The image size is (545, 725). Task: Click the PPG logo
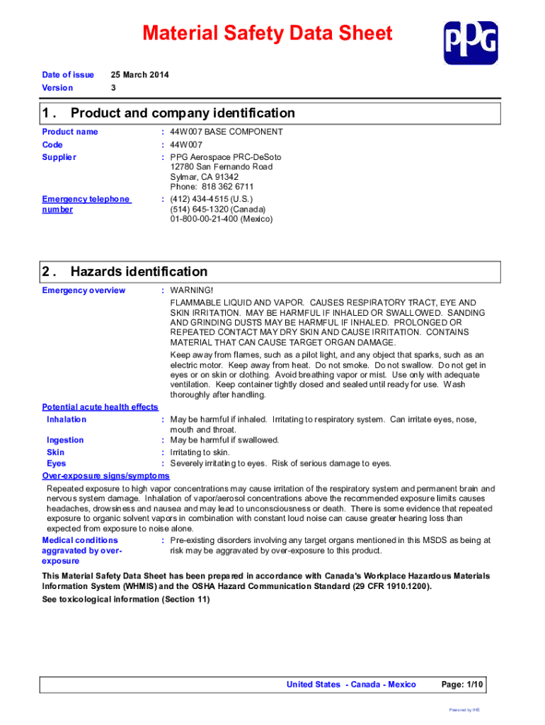470,42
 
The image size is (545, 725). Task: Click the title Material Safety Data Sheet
267,33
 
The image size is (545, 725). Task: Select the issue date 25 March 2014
140,75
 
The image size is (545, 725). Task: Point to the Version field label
57,88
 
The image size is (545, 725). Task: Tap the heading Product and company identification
183,113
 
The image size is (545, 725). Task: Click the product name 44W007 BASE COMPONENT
226,132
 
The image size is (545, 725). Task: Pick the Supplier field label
59,157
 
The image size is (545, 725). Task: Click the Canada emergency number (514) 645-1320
217,210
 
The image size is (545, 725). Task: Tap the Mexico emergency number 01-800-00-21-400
221,219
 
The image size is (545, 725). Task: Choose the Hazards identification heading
139,272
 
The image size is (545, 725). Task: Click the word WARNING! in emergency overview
191,290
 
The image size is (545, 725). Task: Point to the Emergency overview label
84,290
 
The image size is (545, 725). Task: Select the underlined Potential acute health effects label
100,407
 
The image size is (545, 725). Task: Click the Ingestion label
65,440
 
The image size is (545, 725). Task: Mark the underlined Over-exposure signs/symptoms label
105,476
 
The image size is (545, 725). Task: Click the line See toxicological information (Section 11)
126,600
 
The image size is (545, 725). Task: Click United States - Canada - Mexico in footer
351,685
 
